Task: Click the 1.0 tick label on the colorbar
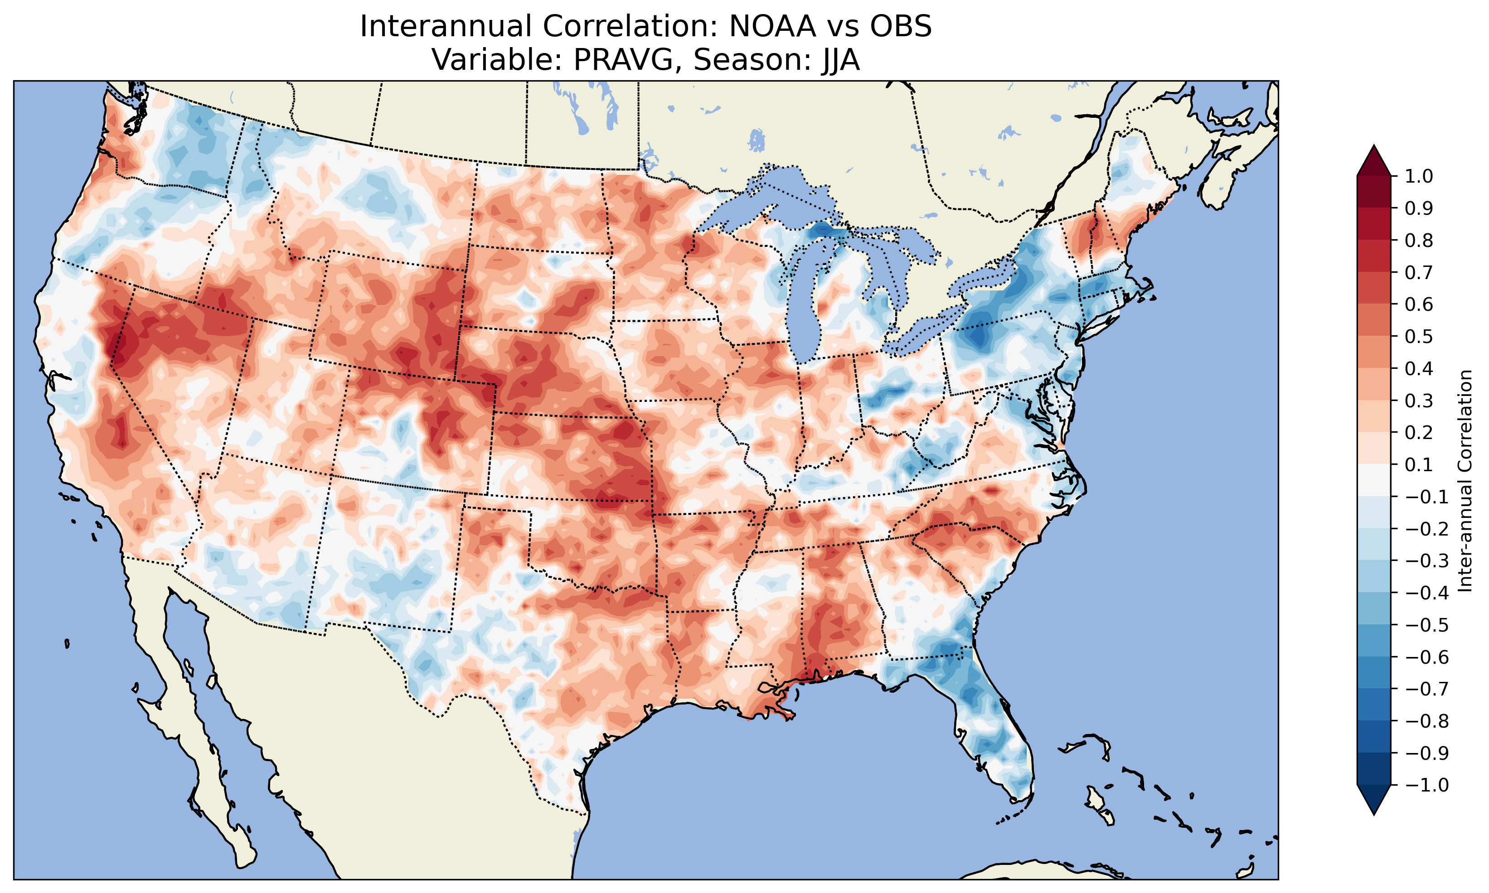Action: coord(1419,176)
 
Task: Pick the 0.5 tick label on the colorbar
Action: coord(1419,336)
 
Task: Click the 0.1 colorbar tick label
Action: coord(1419,464)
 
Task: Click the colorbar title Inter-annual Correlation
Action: coord(1465,481)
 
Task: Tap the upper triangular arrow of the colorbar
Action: coord(1373,160)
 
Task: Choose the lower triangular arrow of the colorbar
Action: coord(1373,800)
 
